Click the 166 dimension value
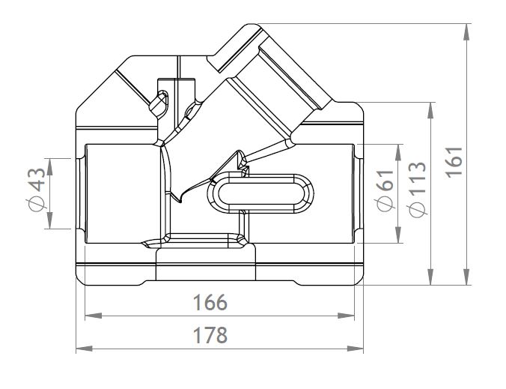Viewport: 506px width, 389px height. [210, 302]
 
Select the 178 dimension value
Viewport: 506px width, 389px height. [210, 335]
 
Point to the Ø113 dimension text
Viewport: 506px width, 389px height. [418, 189]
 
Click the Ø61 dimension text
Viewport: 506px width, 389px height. [385, 190]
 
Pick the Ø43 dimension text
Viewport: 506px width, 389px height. [37, 190]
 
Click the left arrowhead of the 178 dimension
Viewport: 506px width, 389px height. [85, 349]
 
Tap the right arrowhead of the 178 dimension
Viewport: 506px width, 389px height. [355, 349]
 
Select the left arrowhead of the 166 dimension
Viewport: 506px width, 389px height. [94, 316]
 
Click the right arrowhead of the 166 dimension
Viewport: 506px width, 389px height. [346, 316]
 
